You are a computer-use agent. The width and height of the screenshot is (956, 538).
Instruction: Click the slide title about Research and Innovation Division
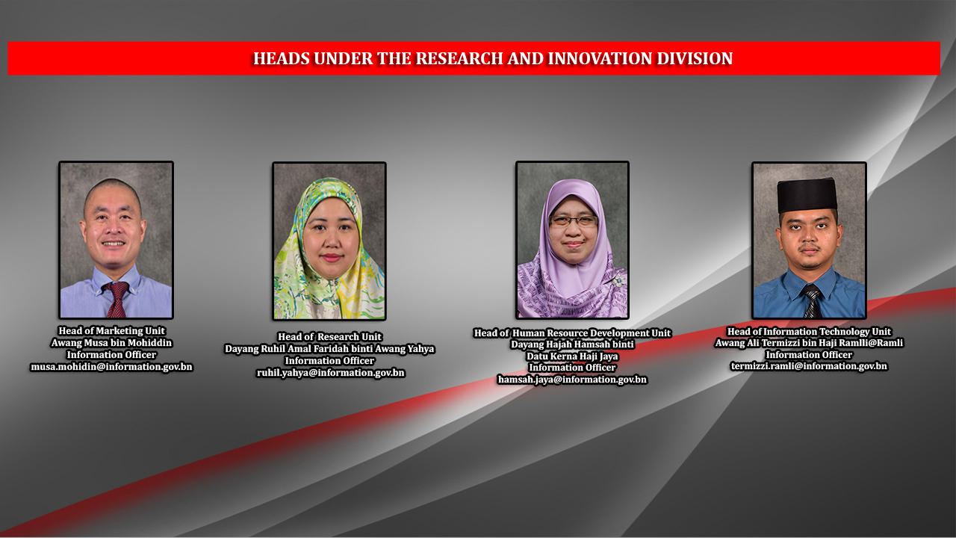click(x=492, y=58)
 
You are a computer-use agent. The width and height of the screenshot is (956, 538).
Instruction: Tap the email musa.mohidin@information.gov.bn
click(x=111, y=367)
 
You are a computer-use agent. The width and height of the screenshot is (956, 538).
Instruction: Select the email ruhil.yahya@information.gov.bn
click(x=330, y=372)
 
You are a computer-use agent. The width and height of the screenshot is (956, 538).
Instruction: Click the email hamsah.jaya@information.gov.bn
click(x=572, y=380)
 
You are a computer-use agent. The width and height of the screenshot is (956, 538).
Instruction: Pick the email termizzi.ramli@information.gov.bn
click(x=809, y=366)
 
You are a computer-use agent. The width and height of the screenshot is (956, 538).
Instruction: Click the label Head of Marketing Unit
click(x=111, y=331)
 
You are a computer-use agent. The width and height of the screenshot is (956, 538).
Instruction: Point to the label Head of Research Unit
click(x=329, y=337)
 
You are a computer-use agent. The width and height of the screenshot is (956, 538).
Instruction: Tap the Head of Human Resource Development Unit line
click(x=572, y=333)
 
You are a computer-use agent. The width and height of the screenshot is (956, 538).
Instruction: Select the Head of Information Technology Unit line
click(x=809, y=332)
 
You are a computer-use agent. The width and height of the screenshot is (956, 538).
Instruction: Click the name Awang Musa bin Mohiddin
click(x=111, y=343)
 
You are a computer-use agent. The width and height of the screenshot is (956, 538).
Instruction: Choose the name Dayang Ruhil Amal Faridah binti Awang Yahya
click(x=329, y=349)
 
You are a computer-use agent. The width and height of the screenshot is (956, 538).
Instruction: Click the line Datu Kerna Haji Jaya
click(x=572, y=356)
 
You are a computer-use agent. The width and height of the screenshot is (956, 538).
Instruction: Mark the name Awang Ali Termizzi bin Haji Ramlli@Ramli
click(x=809, y=343)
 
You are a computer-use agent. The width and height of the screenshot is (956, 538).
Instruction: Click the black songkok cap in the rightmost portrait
click(x=807, y=194)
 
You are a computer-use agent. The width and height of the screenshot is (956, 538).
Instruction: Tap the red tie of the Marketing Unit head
click(x=117, y=299)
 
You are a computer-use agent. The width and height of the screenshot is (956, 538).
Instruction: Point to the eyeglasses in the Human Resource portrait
click(x=573, y=221)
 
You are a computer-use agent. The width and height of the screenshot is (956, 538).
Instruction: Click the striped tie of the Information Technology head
click(x=811, y=302)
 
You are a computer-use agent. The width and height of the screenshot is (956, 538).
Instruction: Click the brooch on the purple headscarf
click(x=618, y=281)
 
